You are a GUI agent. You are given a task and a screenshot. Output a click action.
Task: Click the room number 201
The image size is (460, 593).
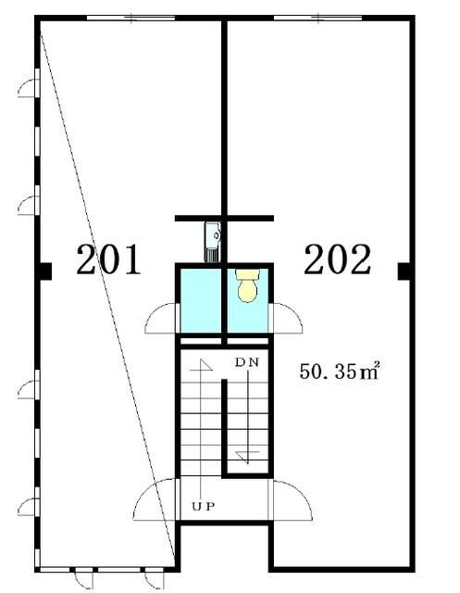click(108, 259)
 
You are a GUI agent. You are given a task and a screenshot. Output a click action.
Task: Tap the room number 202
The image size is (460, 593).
click(337, 259)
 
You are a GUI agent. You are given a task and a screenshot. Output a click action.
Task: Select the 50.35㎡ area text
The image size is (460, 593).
click(339, 371)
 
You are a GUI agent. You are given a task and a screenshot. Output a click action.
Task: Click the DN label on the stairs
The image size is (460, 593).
click(247, 362)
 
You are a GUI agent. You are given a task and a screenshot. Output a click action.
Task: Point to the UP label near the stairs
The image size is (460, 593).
click(204, 506)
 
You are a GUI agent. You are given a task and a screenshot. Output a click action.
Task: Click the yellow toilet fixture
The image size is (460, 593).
click(247, 285)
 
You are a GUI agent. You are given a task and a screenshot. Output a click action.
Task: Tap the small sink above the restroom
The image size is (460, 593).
click(213, 241)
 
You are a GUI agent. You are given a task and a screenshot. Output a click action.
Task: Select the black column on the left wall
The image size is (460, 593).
click(45, 271)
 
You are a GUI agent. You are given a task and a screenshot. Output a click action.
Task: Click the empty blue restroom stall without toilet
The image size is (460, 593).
click(200, 300)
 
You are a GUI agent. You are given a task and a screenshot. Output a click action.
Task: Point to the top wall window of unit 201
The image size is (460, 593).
click(131, 18)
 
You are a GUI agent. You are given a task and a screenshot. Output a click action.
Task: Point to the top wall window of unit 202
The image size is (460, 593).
click(317, 18)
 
